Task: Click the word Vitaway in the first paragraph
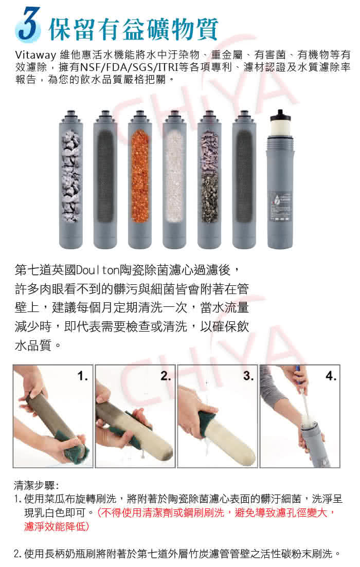pyautogui.click(x=35, y=56)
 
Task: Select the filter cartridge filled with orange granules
pyautogui.click(x=140, y=179)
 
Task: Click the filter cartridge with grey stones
pyautogui.click(x=71, y=179)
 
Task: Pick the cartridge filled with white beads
pyautogui.click(x=174, y=179)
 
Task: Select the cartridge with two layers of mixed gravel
pyautogui.click(x=209, y=179)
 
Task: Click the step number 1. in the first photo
pyautogui.click(x=82, y=376)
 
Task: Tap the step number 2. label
pyautogui.click(x=166, y=376)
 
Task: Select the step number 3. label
pyautogui.click(x=248, y=376)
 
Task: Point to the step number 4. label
pyautogui.click(x=331, y=376)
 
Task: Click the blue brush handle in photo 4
pyautogui.click(x=297, y=373)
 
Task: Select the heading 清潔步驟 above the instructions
pyautogui.click(x=34, y=485)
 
